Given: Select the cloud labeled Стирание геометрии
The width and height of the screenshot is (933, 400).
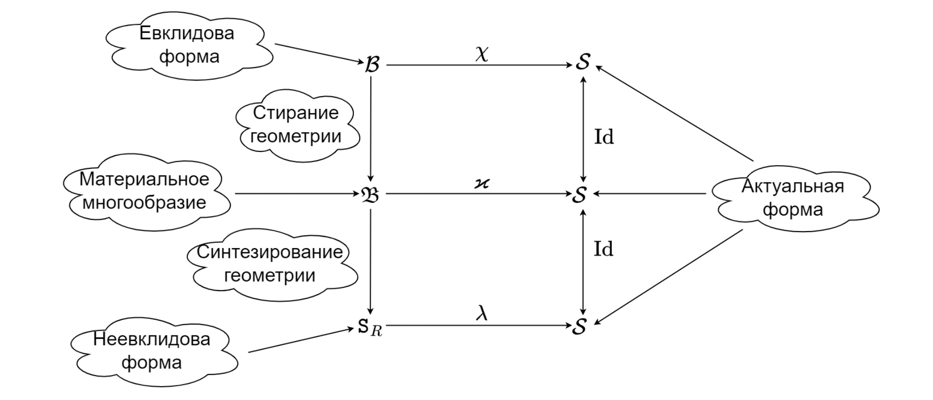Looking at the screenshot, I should pos(296,125).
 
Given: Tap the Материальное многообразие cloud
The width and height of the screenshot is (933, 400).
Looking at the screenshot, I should pos(144,191).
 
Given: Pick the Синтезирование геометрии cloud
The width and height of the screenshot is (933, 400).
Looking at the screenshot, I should pos(270,264).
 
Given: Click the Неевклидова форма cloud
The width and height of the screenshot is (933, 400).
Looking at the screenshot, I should pos(152,351).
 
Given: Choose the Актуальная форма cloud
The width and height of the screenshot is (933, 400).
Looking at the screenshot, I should pos(793,198).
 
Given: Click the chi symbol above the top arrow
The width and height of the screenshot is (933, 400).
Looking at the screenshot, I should pos(482,54).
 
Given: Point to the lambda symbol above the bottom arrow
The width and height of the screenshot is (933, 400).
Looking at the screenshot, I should pos(482,313).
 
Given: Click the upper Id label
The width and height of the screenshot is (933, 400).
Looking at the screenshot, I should pos(604,137).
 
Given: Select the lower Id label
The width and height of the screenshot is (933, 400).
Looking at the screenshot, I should pos(603,249).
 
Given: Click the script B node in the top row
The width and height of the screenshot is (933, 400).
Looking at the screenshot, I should pos(372,65).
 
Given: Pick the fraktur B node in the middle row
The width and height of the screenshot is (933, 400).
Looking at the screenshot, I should pos(370,194).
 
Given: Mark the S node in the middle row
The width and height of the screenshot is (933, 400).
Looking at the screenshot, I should pos(580,194).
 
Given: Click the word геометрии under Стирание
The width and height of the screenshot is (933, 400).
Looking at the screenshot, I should pos(296,136).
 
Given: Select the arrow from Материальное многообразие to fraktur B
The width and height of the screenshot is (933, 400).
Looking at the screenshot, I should pos(297,193).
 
